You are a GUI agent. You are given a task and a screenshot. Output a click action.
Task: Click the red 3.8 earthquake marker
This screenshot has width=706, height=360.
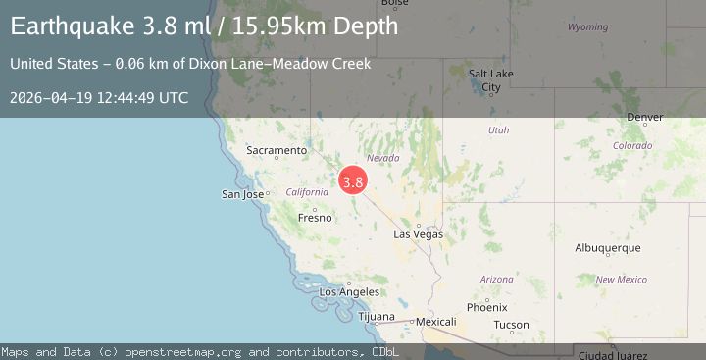pyautogui.click(x=353, y=181)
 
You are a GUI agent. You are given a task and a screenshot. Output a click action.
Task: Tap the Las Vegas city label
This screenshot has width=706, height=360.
pyautogui.click(x=419, y=234)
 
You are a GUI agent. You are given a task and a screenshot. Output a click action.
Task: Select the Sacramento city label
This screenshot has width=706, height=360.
pyautogui.click(x=276, y=150)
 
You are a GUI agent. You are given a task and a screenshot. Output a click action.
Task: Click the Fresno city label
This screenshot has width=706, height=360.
pyautogui.click(x=315, y=218)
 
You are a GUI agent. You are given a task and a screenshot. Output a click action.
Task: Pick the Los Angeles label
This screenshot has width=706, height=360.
pyautogui.click(x=349, y=292)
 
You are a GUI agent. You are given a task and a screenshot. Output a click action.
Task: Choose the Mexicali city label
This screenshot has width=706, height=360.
pyautogui.click(x=436, y=321)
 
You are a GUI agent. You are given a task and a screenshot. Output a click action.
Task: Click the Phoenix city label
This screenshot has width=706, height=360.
pyautogui.click(x=487, y=307)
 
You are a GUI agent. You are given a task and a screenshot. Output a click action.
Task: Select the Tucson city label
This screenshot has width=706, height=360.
pyautogui.click(x=511, y=325)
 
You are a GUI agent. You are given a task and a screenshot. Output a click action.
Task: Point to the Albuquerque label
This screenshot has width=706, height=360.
pyautogui.click(x=608, y=248)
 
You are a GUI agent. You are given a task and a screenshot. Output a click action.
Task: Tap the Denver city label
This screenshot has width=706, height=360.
pyautogui.click(x=644, y=118)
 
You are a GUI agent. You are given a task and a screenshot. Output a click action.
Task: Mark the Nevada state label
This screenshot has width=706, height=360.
pyautogui.click(x=382, y=158)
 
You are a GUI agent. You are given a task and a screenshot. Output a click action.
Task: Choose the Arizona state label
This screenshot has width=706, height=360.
pyautogui.click(x=497, y=280)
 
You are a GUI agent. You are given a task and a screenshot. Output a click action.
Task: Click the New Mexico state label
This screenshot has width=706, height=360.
pyautogui.click(x=621, y=280)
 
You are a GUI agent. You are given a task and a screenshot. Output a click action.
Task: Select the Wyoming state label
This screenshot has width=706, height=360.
pyautogui.click(x=587, y=26)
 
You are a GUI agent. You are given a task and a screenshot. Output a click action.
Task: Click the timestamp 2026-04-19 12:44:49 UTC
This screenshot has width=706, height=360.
pyautogui.click(x=99, y=97)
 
